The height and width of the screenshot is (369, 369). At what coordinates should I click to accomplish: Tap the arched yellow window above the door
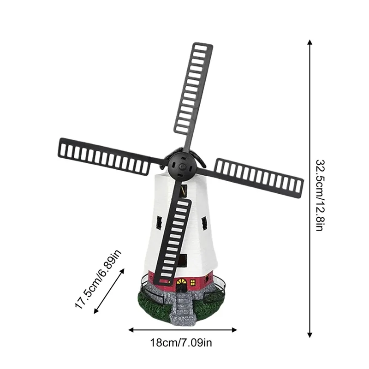pos(181,281)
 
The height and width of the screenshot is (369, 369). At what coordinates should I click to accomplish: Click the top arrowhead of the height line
pos(310,42)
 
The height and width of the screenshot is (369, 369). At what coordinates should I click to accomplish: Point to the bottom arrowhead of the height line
pos(310,335)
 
